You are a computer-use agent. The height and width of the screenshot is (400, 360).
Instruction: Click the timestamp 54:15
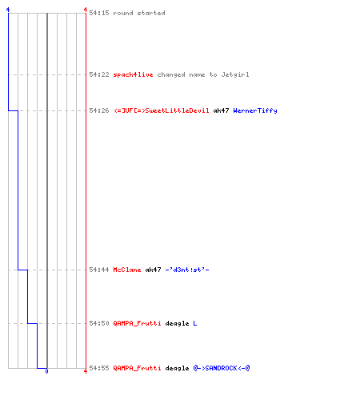(x=99, y=13)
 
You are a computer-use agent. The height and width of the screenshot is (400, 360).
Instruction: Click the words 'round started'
(x=139, y=13)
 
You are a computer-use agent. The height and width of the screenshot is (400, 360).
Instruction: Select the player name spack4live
(x=133, y=74)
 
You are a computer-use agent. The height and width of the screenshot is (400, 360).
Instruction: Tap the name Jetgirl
(x=235, y=74)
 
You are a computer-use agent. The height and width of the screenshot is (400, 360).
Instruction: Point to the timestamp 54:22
(x=99, y=74)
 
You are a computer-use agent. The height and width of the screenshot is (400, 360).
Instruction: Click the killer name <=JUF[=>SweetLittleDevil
(x=162, y=110)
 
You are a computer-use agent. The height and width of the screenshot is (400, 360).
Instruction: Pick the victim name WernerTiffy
(x=255, y=110)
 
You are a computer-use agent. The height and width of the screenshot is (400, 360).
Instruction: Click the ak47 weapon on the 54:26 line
(x=221, y=110)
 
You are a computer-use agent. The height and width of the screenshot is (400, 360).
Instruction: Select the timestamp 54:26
(x=99, y=110)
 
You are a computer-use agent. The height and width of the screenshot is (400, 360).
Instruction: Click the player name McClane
(x=127, y=270)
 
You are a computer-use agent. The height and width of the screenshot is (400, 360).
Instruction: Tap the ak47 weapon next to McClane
(x=153, y=270)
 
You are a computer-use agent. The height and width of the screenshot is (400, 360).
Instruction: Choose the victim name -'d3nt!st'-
(x=187, y=270)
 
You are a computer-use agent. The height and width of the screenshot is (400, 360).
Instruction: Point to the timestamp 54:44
(x=99, y=270)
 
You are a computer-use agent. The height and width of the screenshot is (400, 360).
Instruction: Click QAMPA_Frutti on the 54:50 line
(x=137, y=323)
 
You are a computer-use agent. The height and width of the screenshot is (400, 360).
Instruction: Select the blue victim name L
(x=195, y=323)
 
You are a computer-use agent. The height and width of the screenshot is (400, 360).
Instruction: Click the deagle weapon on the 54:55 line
(x=177, y=368)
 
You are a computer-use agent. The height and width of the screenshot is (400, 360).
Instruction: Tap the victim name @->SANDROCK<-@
(x=222, y=368)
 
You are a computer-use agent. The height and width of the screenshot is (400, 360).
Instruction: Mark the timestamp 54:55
(x=99, y=368)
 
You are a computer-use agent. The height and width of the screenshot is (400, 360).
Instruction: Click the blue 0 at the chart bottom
(x=46, y=371)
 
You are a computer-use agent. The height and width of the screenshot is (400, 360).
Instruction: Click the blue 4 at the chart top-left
(x=8, y=10)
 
